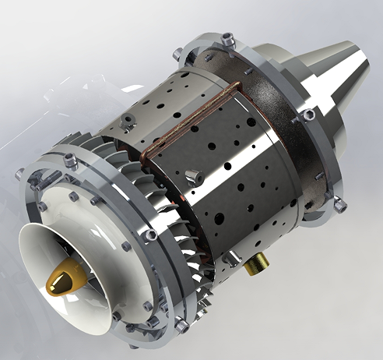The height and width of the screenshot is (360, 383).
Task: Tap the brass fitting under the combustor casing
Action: (253, 268)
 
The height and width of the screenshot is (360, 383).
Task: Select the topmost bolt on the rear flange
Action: (227, 36)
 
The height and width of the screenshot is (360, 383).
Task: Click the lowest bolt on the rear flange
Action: (339, 204)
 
